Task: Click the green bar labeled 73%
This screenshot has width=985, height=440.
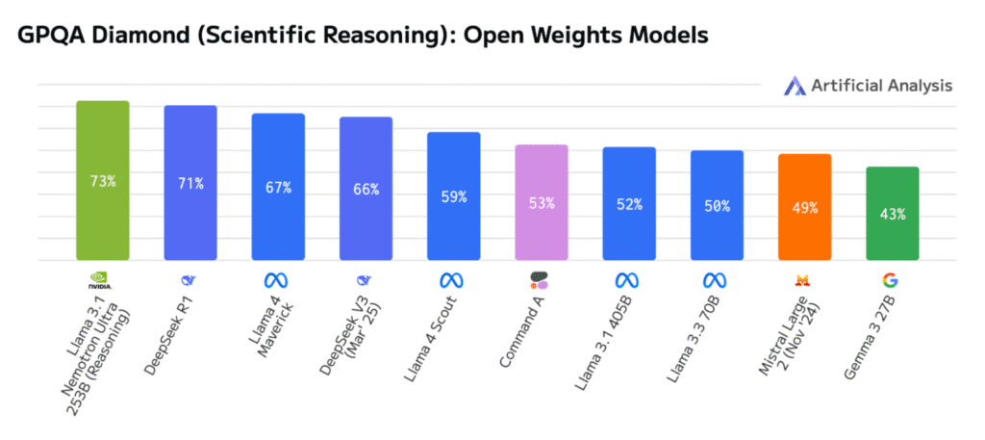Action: tap(103, 180)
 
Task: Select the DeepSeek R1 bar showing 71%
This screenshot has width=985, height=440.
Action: tap(190, 183)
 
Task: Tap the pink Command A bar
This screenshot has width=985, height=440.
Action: tap(542, 202)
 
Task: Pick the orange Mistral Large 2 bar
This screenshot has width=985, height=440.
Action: tap(804, 207)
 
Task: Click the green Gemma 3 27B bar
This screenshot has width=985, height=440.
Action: tap(892, 213)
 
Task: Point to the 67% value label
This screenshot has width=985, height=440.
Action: tap(278, 187)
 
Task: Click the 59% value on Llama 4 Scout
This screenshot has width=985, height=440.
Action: tap(453, 196)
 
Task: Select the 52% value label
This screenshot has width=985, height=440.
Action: tap(629, 204)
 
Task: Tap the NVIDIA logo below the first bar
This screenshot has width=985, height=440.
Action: tap(102, 281)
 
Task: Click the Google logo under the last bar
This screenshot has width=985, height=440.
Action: tap(892, 281)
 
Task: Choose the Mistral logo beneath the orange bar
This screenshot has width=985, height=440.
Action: tap(803, 281)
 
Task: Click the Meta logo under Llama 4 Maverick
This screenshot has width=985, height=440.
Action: tap(278, 281)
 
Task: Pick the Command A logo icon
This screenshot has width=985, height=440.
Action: tap(541, 281)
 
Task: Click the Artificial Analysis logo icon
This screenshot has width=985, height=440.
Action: tap(796, 86)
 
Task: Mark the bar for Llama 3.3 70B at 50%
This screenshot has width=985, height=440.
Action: tap(717, 205)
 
